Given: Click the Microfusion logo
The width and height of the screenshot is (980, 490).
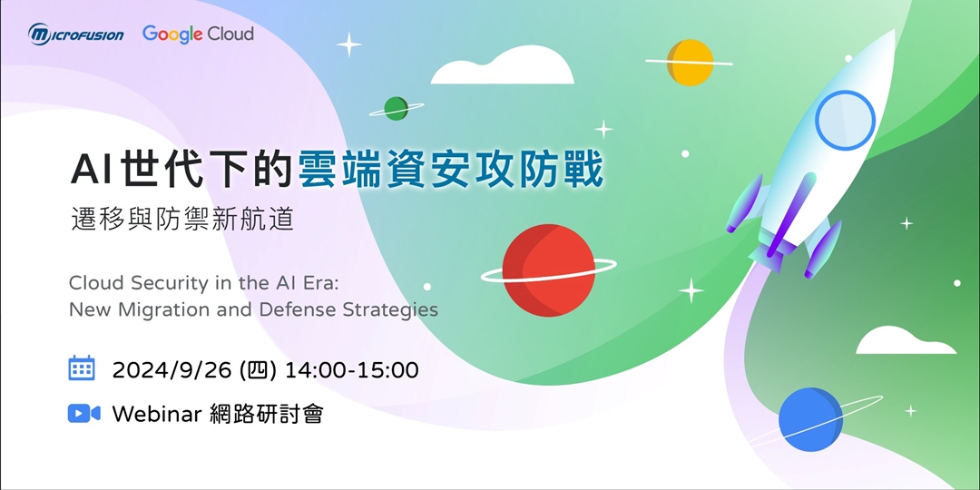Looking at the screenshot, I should click(76, 34).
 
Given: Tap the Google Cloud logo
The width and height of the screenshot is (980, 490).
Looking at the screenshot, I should click(198, 34).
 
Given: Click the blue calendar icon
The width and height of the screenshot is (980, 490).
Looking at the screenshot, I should click(82, 367).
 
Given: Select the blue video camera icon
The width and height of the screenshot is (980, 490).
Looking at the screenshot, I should click(83, 414).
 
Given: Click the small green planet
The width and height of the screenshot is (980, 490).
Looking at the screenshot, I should click(396, 108).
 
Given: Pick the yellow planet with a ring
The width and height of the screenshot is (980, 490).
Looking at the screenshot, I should click(690, 62).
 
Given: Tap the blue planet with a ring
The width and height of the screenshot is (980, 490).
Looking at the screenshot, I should click(810, 419).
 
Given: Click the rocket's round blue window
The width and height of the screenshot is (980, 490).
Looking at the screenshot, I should click(845, 122).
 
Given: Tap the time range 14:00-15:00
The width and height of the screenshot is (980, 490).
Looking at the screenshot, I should click(351, 370).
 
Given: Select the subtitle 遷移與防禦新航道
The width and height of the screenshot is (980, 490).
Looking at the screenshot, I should click(182, 220).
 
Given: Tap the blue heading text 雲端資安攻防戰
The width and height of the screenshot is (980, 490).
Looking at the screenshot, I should click(450, 170).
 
